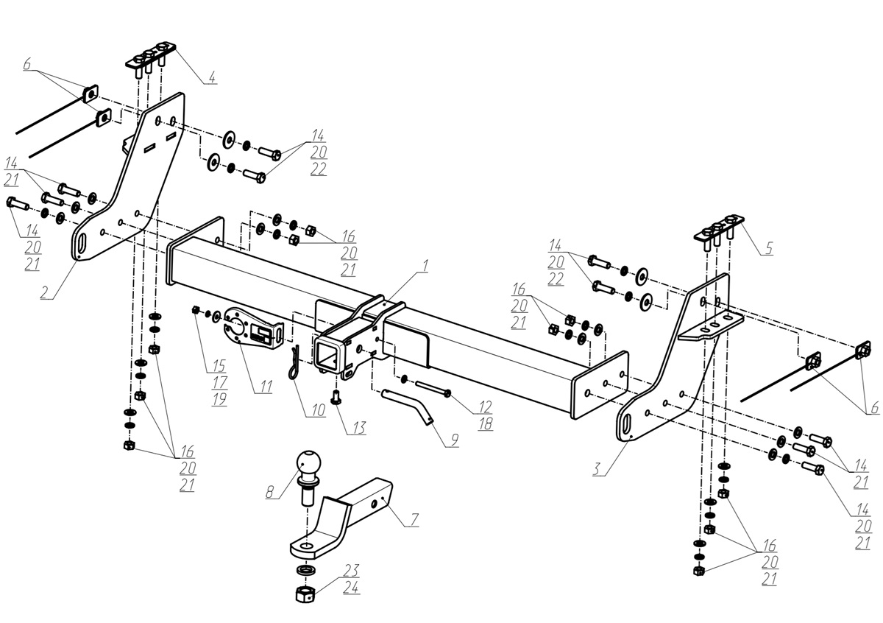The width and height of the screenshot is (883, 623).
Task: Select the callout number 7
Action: click(x=414, y=521)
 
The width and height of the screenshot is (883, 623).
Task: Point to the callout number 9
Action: click(x=454, y=440)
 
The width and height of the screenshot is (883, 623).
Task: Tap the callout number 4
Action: click(x=211, y=77)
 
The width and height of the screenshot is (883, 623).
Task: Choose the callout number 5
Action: click(x=768, y=249)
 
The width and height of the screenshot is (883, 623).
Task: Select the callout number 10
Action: click(x=317, y=410)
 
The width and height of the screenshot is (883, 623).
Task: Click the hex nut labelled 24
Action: click(x=305, y=593)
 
